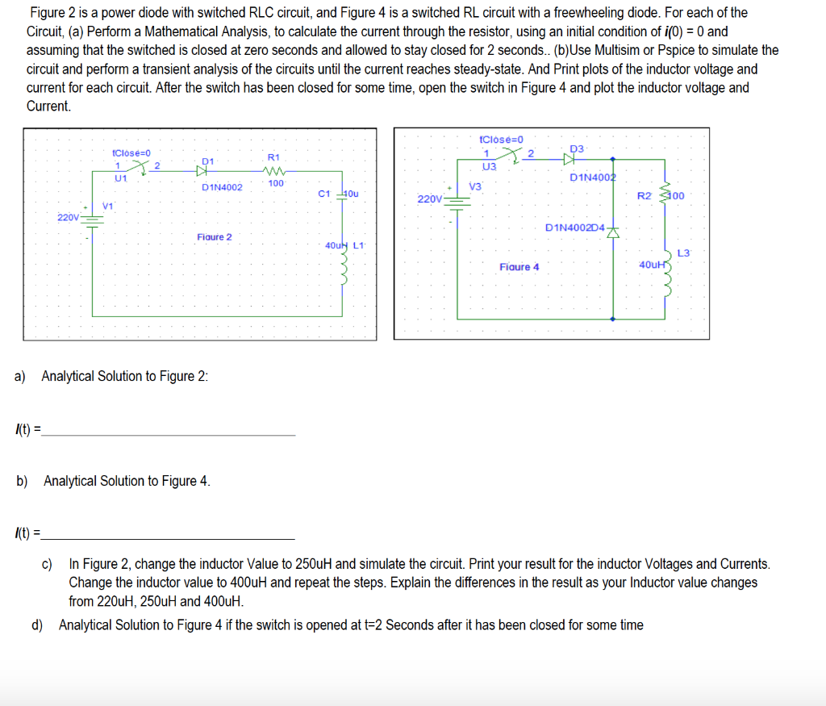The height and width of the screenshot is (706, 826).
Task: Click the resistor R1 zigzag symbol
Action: click(x=273, y=170)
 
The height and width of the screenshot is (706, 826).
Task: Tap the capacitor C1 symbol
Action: click(x=342, y=194)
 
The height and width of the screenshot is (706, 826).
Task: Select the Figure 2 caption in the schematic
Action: click(x=214, y=236)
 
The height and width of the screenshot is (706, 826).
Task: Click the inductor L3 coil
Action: click(x=667, y=274)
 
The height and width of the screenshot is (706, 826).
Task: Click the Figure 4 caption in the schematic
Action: click(x=519, y=266)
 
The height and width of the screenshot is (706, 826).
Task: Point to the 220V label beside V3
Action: click(x=429, y=198)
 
